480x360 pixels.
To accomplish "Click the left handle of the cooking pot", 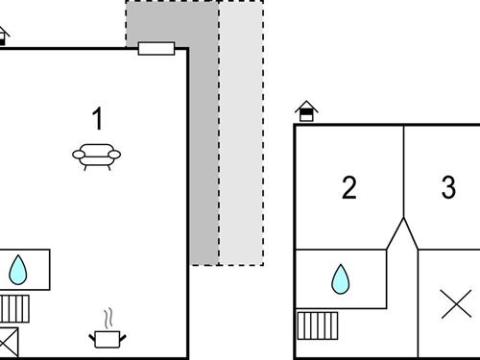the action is tap(93, 335).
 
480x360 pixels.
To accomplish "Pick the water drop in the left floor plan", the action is tap(18, 270).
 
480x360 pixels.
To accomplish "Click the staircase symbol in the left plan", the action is tap(17, 308).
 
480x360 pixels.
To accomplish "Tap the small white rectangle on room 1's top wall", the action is tap(156, 48).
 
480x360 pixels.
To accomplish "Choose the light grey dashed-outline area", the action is tap(241, 134).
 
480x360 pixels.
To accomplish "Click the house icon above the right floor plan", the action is tap(306, 111).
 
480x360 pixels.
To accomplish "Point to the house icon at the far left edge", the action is tap(3, 36).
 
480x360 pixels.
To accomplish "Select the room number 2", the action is tap(349, 187).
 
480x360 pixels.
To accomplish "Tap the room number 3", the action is tap(448, 187).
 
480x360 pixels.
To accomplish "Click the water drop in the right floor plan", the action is tap(341, 279).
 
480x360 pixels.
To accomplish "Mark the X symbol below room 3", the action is tap(455, 304).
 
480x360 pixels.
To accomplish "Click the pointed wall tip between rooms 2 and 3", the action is tap(403, 220).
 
